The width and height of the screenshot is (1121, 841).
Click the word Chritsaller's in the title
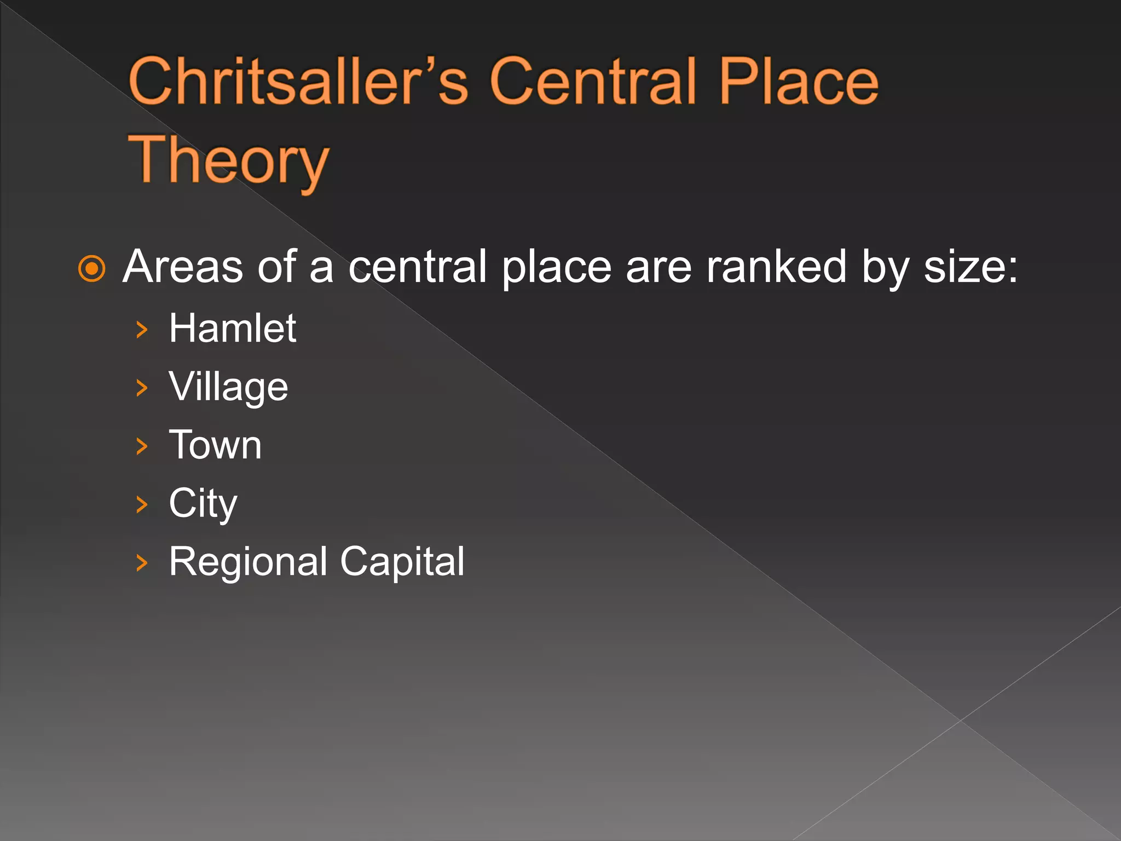click(298, 82)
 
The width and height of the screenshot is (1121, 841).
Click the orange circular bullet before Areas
click(91, 268)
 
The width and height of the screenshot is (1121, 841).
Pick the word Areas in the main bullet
click(183, 267)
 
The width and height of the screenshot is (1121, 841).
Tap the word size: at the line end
click(970, 267)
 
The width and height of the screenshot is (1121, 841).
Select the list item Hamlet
click(233, 328)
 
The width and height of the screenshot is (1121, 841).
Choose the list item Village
click(228, 387)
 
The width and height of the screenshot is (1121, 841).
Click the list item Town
click(215, 445)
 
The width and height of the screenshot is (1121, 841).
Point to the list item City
click(203, 503)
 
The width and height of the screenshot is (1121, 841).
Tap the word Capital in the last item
click(402, 562)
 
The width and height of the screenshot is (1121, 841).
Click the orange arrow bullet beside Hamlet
click(142, 330)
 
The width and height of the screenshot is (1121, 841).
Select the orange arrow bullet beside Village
click(142, 388)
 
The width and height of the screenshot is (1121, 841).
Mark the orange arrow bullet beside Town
click(142, 446)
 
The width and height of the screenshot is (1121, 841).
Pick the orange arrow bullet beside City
click(142, 504)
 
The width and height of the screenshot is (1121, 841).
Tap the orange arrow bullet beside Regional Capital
click(142, 563)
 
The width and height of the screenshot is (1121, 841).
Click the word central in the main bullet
click(418, 267)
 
